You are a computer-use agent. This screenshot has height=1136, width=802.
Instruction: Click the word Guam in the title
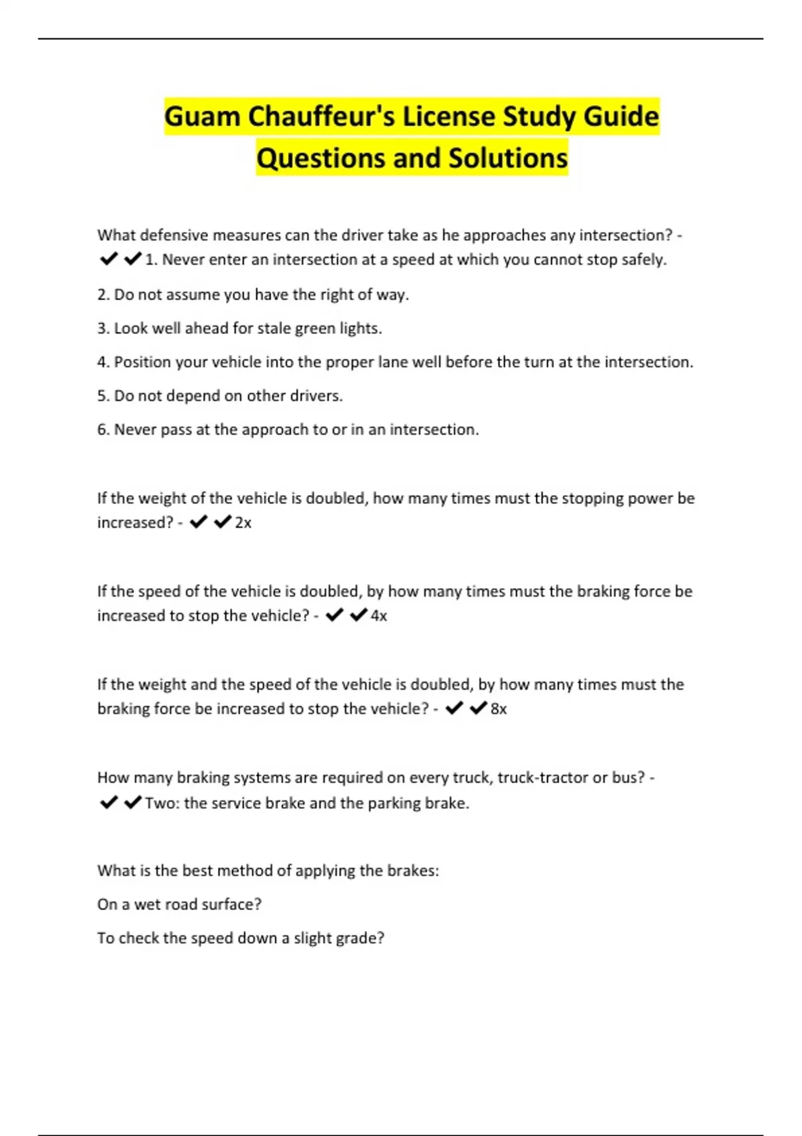click(202, 116)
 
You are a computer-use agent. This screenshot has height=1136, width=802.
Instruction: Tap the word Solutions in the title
click(507, 158)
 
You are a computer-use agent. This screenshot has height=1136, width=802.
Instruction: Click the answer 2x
click(243, 523)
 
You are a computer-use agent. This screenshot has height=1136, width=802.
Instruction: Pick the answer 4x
click(379, 615)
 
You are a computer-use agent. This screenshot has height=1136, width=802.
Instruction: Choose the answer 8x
click(499, 708)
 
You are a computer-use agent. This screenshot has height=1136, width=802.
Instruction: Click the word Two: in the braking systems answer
click(162, 803)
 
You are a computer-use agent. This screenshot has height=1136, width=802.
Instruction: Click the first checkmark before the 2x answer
click(198, 522)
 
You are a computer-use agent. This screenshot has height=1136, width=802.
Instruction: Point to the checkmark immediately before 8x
click(479, 708)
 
